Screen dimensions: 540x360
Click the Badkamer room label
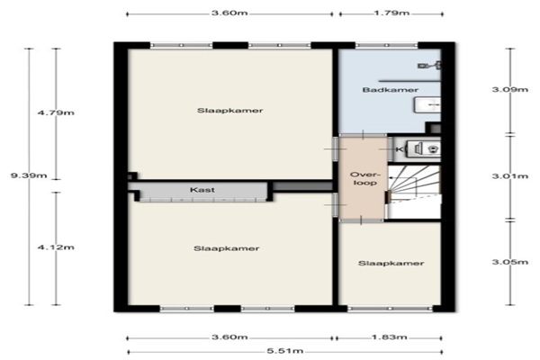coord(391,90)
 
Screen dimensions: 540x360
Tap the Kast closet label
coord(202,190)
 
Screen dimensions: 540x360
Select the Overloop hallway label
coord(364,178)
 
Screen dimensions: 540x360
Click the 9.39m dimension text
coord(29,175)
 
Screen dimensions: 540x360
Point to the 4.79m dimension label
coord(56,112)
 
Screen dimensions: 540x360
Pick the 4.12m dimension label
coord(56,247)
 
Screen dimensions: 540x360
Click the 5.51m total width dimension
coord(285,351)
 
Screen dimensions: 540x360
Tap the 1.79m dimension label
coord(391,13)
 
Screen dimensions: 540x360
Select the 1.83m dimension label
coord(389,337)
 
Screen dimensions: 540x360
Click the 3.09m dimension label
coord(510,90)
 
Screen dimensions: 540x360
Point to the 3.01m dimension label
coord(510,176)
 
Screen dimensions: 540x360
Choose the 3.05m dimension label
coord(510,262)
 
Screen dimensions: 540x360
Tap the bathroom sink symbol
coord(427,104)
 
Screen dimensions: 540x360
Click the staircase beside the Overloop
coord(414,192)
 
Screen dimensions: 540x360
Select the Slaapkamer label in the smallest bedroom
coord(391,263)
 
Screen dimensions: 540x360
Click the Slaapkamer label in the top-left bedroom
coord(229,111)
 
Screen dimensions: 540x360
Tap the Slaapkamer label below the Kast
coord(226,248)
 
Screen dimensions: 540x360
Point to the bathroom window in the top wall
coord(386,45)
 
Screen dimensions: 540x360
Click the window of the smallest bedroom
coord(390,309)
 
